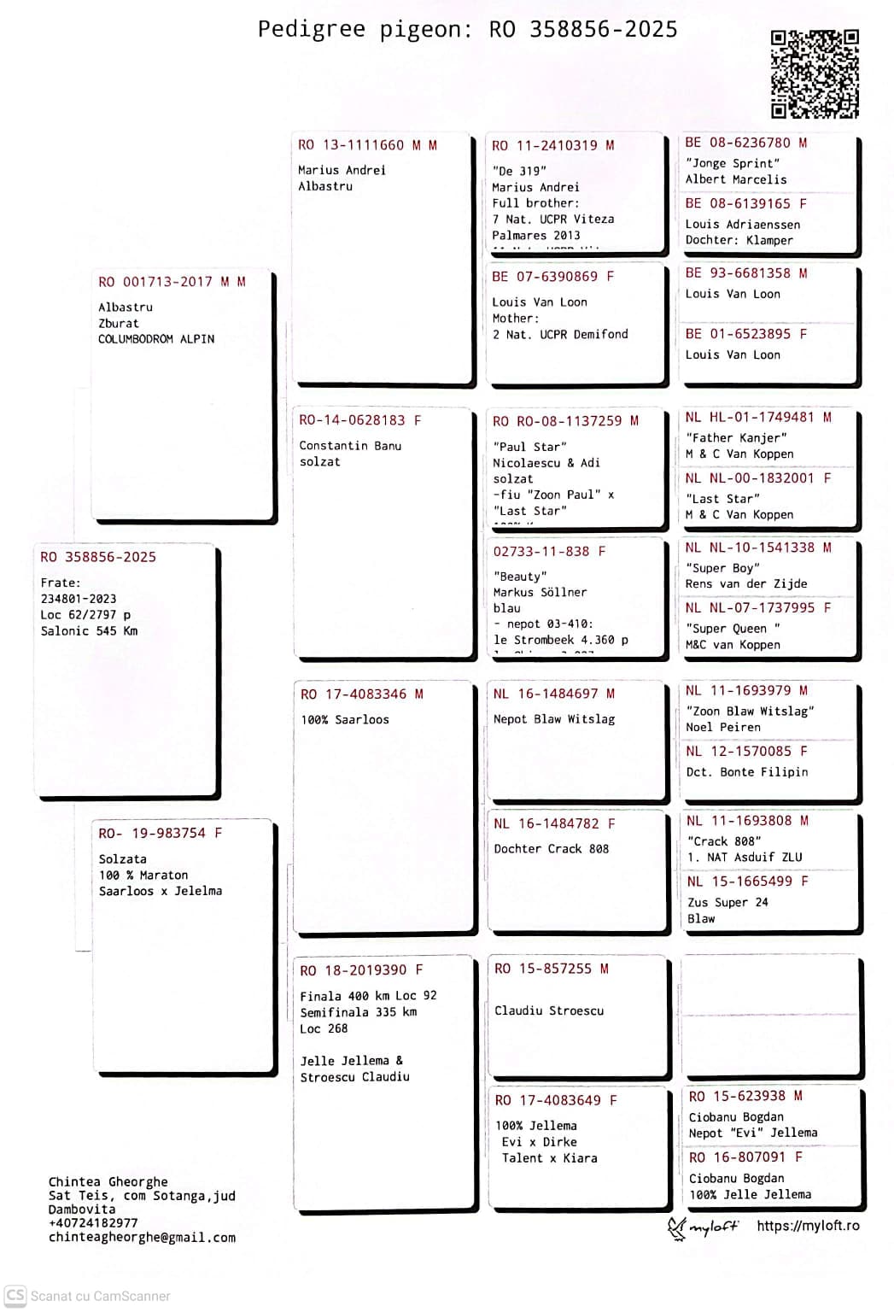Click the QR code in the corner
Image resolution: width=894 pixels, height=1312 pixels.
point(814,74)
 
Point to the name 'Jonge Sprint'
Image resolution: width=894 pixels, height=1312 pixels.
point(733,163)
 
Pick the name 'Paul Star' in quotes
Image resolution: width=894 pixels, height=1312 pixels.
point(529,447)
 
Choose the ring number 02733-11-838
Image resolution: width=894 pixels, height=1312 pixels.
point(541,552)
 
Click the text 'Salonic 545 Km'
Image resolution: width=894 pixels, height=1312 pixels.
point(89,631)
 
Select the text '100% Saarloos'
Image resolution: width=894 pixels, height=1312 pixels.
point(344,720)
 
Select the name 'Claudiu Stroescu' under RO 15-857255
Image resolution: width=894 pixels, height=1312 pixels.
point(549,1010)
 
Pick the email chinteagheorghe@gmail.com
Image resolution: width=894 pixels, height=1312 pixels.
point(142,1238)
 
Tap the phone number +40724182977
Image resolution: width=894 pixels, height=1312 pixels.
point(93,1223)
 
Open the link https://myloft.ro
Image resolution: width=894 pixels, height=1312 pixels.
point(808,1226)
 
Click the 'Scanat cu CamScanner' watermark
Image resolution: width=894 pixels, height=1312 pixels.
point(89,1296)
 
